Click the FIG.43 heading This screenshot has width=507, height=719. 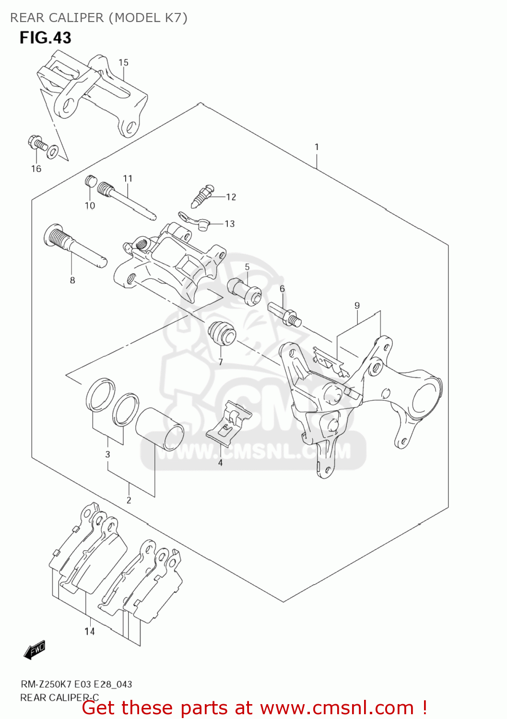[45, 38]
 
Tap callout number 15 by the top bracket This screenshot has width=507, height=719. [123, 63]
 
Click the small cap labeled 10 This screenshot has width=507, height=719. [90, 182]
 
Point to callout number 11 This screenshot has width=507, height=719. [127, 179]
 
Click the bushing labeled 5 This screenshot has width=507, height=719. [244, 290]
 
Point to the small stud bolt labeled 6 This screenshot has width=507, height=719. [285, 314]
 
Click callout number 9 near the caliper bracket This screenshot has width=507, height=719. [357, 306]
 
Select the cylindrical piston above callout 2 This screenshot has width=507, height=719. [160, 429]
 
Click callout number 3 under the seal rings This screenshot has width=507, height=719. [107, 454]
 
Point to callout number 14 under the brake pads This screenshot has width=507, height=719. [90, 631]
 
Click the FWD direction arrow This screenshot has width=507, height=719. [35, 650]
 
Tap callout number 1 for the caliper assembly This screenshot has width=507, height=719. [317, 147]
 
